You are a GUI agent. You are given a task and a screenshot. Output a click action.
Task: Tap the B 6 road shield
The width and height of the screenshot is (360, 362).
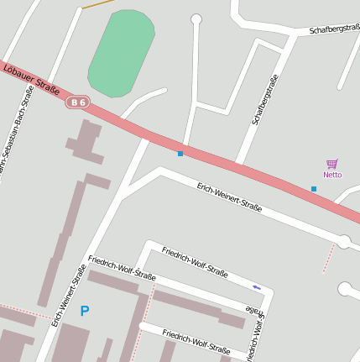(x=78, y=102)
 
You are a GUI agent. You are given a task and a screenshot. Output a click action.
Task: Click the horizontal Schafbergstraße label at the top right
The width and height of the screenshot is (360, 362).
(x=334, y=29)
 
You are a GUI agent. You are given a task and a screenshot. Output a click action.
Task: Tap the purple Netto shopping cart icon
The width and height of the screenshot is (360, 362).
(x=332, y=165)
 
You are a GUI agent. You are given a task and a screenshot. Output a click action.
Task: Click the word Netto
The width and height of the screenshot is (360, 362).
(x=332, y=175)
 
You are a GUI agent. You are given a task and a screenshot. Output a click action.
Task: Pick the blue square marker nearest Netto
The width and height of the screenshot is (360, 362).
(x=314, y=189)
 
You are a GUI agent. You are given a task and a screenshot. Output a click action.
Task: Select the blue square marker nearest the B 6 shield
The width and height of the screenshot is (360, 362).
(x=180, y=154)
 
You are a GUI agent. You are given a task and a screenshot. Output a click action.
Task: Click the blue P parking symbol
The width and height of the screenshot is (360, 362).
(x=84, y=312)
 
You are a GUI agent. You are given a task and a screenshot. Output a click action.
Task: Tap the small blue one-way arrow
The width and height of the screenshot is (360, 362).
(x=257, y=288)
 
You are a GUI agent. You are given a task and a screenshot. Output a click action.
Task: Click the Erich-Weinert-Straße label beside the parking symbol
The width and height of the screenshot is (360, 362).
(x=69, y=296)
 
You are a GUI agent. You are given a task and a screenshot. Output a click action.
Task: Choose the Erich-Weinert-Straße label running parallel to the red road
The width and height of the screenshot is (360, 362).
(x=229, y=197)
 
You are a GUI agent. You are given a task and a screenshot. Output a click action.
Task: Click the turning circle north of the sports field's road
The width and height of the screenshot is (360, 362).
(x=196, y=19)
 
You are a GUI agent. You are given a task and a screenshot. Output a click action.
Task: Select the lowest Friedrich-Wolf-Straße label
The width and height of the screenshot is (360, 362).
(x=196, y=340)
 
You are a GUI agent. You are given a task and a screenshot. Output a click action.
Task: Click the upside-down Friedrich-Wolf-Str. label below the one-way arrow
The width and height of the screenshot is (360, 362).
(x=257, y=323)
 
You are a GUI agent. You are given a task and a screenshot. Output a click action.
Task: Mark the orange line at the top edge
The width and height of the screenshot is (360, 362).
(x=98, y=4)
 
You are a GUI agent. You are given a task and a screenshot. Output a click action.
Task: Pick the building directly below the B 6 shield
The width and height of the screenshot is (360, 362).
(x=85, y=142)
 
